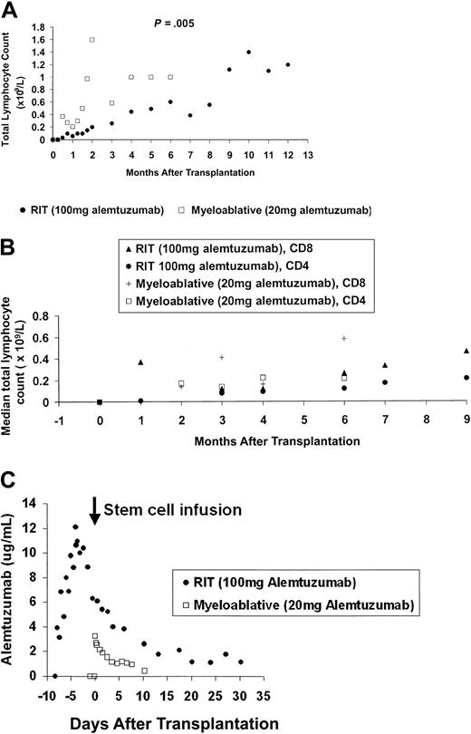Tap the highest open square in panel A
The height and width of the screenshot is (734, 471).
tap(92, 40)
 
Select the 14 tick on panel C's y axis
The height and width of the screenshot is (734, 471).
tap(37, 503)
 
